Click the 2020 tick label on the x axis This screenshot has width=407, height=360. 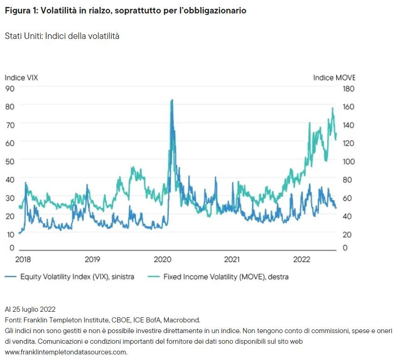point(163,259)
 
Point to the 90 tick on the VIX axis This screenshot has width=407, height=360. point(10,88)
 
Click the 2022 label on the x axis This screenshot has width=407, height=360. point(302,259)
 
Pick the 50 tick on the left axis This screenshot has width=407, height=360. point(10,161)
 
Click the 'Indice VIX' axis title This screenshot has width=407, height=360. point(21,77)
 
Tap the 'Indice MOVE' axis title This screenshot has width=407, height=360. point(334,77)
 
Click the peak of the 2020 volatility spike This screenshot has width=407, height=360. point(172,100)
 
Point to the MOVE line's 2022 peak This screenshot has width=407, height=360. point(332,108)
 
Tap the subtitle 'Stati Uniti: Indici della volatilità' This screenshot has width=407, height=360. point(62,36)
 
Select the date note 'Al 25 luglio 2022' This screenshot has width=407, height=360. point(30,309)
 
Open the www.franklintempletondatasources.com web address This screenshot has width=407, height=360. point(66,352)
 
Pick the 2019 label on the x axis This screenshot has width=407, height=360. point(93,259)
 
